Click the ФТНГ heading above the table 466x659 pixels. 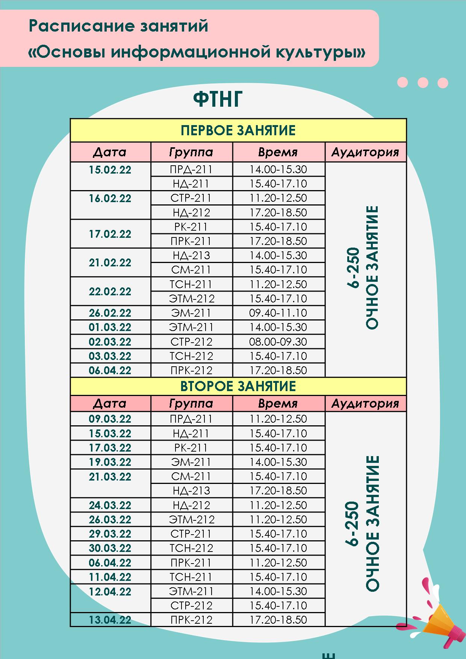coord(218,100)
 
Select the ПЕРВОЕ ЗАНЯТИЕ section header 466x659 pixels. coord(238,130)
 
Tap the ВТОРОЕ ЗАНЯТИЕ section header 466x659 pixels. coord(238,386)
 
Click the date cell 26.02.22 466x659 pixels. coord(110,313)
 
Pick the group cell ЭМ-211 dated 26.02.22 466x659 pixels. coord(191,313)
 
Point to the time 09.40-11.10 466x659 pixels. coord(278,313)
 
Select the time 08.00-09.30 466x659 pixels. coord(278,342)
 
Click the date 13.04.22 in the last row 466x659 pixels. coord(110,620)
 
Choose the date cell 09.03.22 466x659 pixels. coord(110,419)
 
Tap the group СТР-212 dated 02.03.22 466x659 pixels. coord(191,342)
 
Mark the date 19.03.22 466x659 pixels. coord(110,462)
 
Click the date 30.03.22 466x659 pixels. coord(110,548)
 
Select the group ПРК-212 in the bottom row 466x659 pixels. coord(191,620)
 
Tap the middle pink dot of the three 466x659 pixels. coord(423,82)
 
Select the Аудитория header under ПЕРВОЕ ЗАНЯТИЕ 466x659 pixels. coord(365,152)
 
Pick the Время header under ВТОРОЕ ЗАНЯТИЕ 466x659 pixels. coord(278,404)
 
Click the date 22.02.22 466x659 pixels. coord(110,292)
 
